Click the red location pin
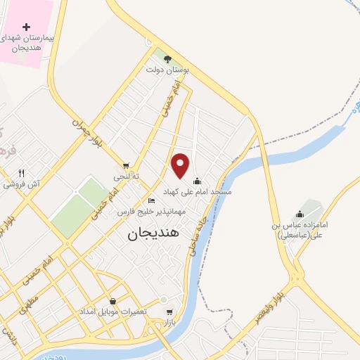click(181, 165)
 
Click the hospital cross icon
click(27, 27)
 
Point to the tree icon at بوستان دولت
click(167, 58)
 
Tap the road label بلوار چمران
click(88, 131)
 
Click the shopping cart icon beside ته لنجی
click(126, 166)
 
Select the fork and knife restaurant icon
click(22, 173)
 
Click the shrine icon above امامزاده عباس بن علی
click(300, 214)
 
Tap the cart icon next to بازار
click(169, 312)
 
